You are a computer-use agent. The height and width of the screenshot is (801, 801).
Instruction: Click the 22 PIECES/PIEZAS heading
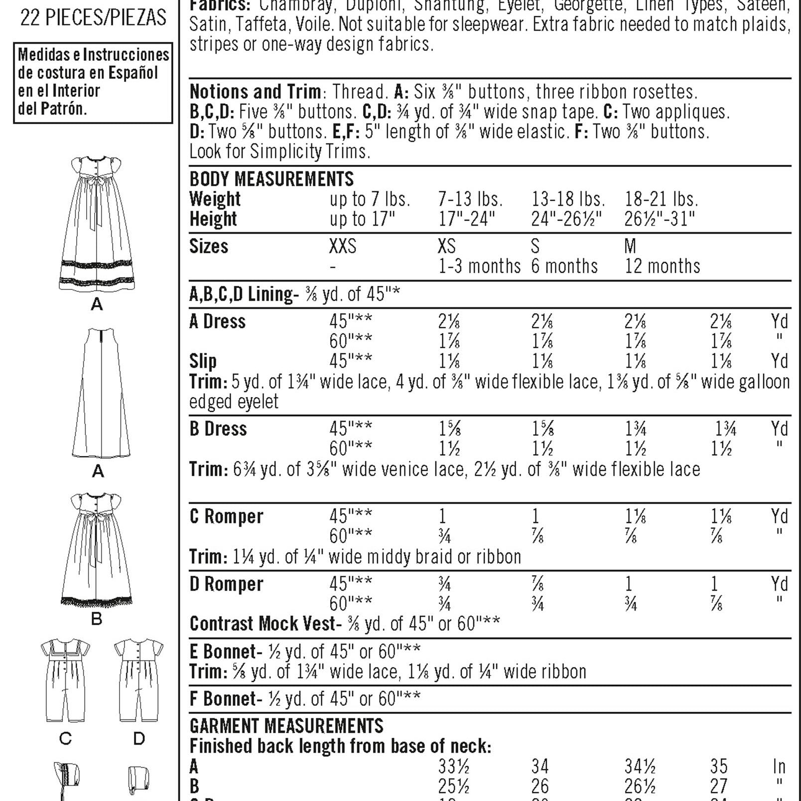point(93,17)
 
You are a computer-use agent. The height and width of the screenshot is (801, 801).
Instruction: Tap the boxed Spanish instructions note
point(93,82)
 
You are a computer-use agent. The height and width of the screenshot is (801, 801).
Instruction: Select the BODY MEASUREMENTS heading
point(271,179)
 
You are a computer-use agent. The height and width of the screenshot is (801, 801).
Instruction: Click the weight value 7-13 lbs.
point(470,199)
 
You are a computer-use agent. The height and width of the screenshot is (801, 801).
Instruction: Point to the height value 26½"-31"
point(660,219)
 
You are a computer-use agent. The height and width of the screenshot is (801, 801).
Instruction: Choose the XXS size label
point(343,247)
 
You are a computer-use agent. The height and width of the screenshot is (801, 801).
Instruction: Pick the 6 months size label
point(564,267)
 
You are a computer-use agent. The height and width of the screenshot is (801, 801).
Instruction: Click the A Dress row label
point(218,322)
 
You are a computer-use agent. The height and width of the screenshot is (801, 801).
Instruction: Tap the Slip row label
point(203,361)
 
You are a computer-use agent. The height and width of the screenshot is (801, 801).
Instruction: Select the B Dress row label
point(218,429)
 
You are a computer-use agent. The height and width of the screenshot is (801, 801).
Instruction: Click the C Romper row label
point(226,517)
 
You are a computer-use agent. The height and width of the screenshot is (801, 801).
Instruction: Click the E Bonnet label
point(222,652)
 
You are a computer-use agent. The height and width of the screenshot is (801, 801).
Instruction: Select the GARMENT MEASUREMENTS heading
point(286,726)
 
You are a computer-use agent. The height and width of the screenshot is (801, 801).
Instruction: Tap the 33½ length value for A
point(453,766)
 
